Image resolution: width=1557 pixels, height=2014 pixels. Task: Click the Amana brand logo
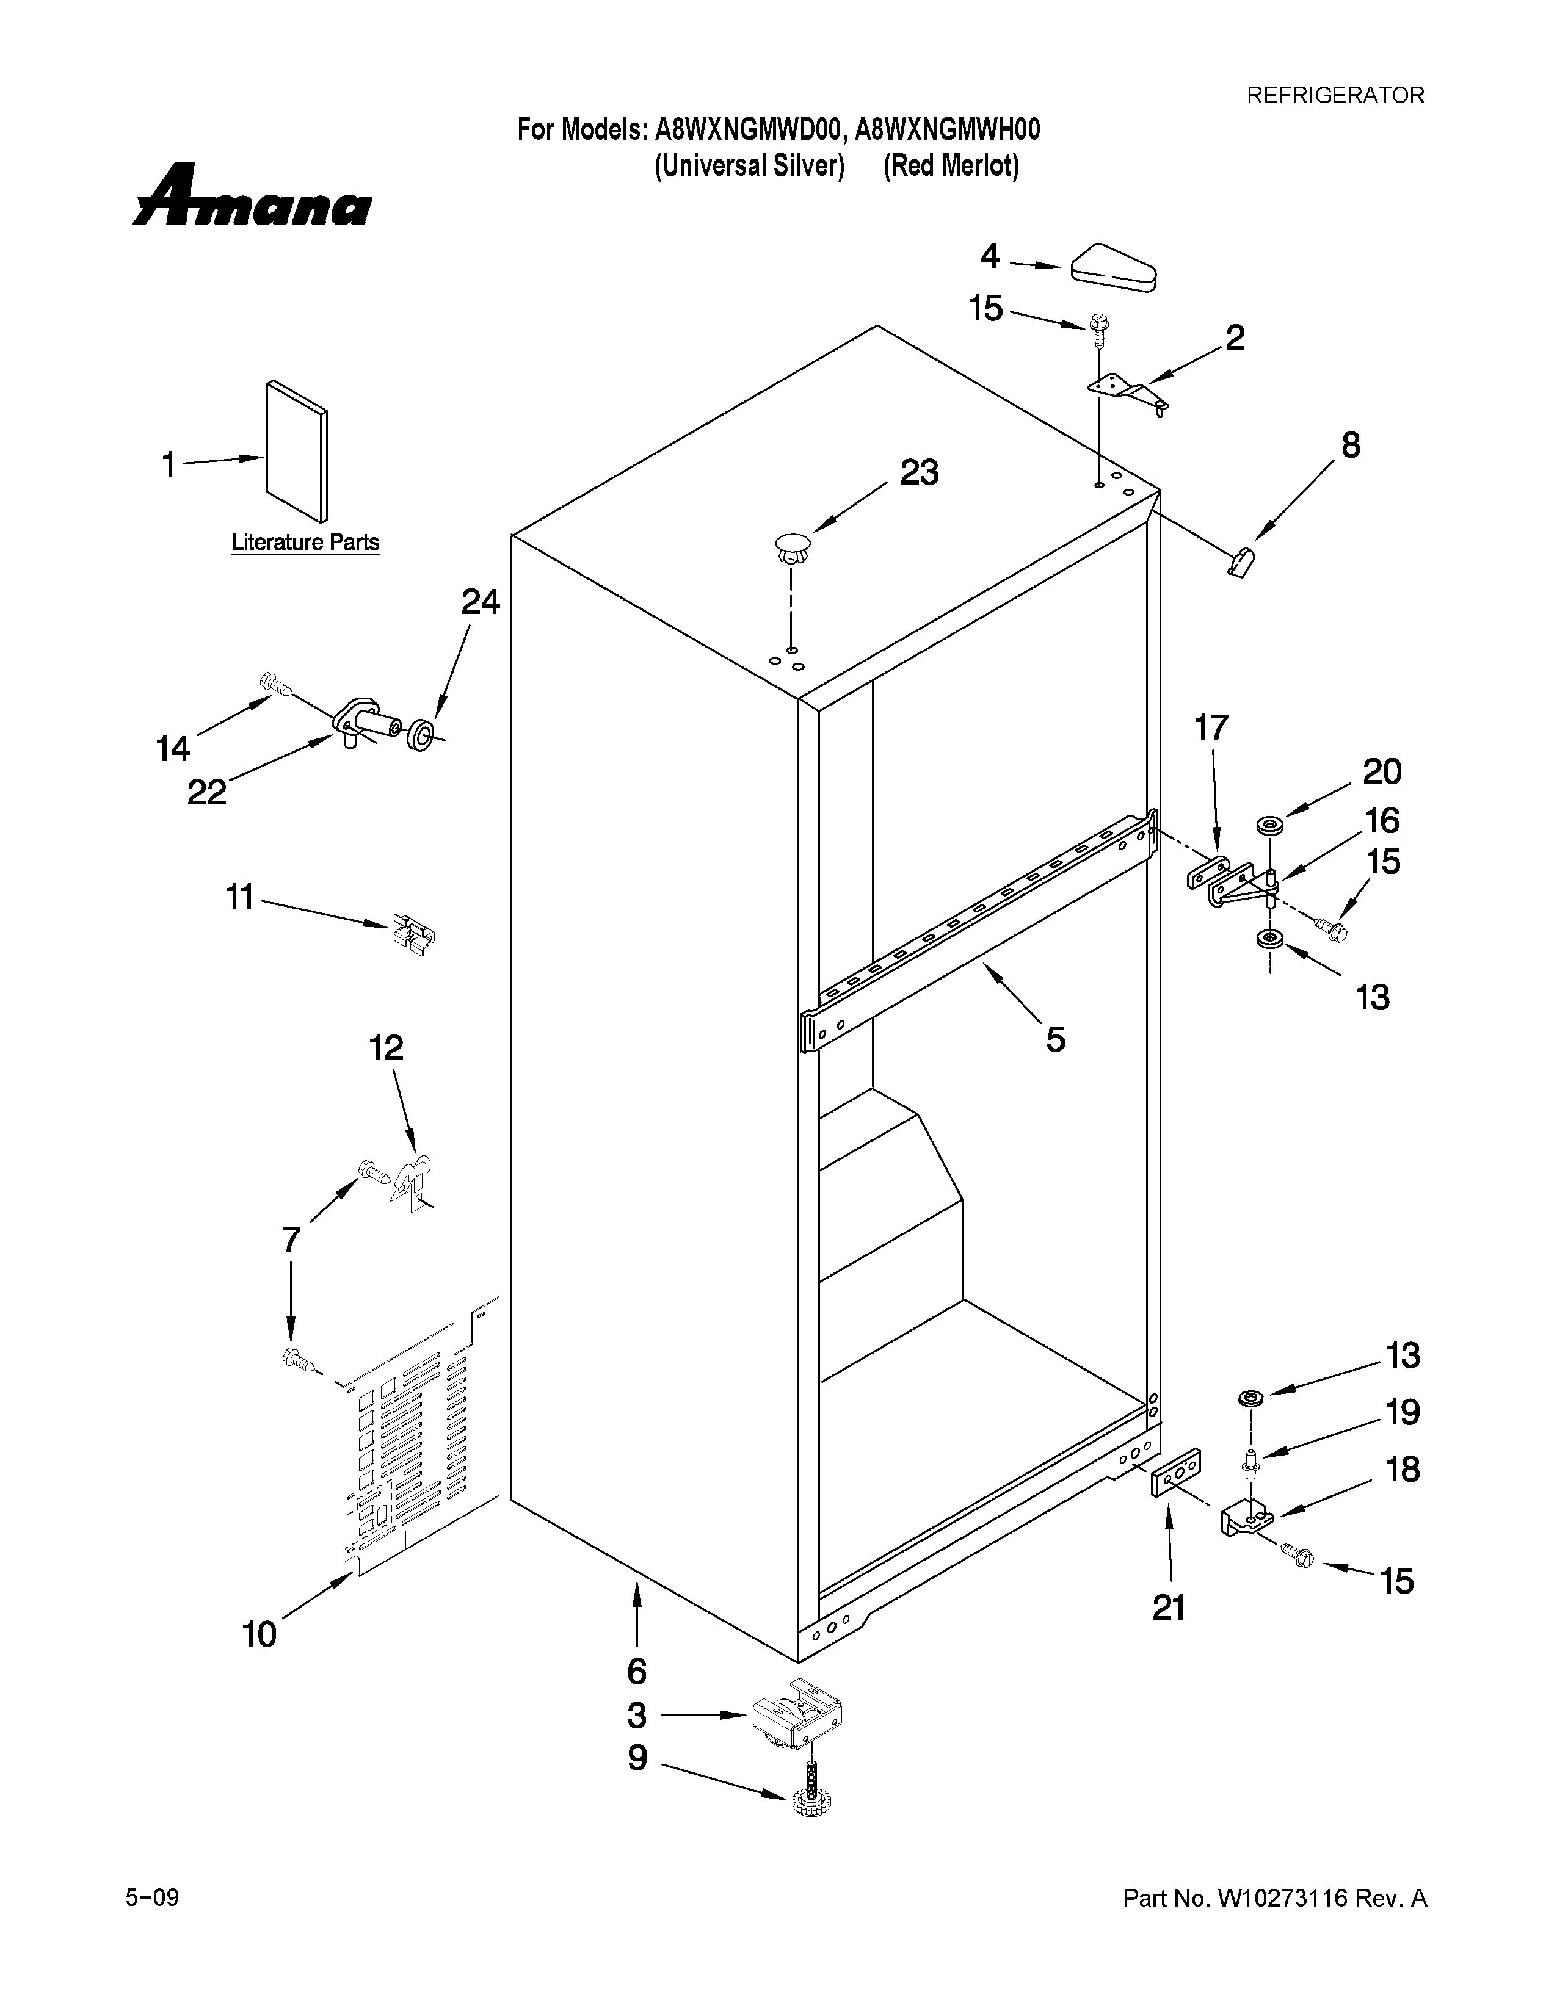251,197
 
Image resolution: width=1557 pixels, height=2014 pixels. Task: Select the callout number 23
919,473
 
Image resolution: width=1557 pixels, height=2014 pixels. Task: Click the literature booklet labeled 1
296,451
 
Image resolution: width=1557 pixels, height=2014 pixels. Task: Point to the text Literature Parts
305,542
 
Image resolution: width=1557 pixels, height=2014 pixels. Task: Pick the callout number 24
480,602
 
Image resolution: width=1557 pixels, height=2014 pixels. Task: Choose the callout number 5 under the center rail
1055,1039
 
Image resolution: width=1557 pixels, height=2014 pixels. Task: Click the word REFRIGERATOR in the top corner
1335,95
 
